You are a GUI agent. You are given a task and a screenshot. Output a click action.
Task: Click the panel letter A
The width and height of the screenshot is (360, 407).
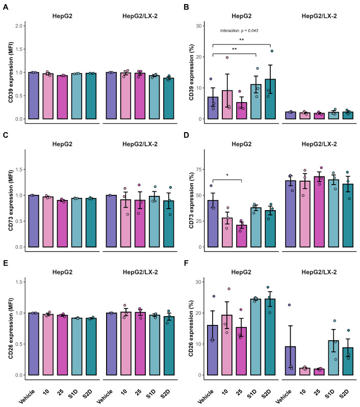click(5, 7)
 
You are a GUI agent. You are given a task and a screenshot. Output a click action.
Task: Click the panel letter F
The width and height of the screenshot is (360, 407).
click(186, 263)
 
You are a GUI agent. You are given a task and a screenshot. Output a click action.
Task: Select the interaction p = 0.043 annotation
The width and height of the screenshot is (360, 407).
click(239, 31)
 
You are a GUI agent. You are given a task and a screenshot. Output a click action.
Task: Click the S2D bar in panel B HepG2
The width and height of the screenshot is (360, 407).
click(270, 99)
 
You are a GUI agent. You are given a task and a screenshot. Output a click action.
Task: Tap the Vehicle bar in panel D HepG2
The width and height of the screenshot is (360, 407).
click(213, 224)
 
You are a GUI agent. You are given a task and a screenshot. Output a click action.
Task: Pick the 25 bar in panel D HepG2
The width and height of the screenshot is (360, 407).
click(242, 236)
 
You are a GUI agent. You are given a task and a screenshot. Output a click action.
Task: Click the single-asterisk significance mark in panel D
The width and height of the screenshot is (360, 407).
click(227, 175)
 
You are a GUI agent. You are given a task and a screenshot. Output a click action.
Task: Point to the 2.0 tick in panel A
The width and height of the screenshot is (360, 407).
click(19, 26)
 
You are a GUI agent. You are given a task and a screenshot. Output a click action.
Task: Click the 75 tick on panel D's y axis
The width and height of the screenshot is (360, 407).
click(199, 169)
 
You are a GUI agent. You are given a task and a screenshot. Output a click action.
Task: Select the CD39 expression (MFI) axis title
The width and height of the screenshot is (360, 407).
click(11, 72)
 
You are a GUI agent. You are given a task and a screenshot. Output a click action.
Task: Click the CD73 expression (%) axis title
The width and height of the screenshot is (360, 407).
click(192, 200)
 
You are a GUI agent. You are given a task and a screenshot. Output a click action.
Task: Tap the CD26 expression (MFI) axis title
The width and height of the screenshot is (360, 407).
click(11, 328)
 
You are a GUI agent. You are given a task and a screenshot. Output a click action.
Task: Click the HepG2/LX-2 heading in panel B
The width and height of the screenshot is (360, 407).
click(319, 16)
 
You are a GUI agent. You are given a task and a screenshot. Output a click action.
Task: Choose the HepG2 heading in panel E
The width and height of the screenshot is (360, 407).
click(62, 272)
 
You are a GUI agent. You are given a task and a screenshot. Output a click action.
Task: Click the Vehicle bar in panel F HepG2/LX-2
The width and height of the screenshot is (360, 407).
click(291, 361)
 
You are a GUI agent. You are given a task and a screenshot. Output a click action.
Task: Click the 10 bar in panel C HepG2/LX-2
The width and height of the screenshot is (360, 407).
click(125, 223)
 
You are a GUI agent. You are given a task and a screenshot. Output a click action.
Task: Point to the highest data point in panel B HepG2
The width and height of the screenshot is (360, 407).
click(272, 51)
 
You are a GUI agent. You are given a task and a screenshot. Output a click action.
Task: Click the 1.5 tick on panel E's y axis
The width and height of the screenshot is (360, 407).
click(19, 282)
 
